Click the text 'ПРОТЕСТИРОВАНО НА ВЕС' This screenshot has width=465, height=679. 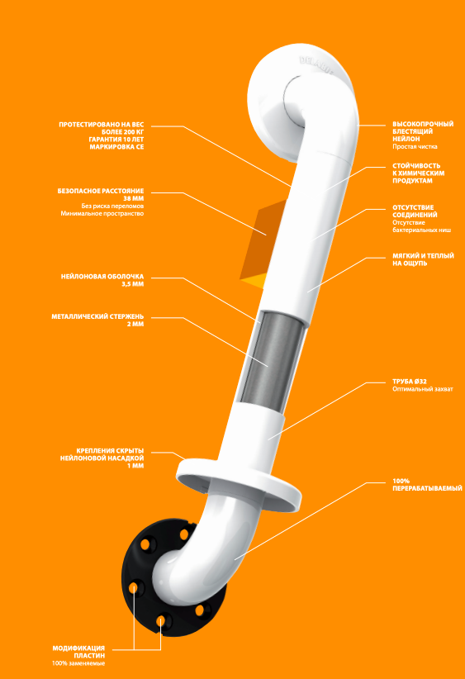(x=102, y=125)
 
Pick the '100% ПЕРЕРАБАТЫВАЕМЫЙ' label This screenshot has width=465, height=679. (x=427, y=485)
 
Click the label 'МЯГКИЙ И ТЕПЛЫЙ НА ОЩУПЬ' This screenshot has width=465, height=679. (x=424, y=259)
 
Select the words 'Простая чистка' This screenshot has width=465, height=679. (x=415, y=147)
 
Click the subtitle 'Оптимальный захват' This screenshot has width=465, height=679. (x=423, y=389)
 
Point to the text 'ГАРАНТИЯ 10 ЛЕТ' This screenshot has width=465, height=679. (x=116, y=140)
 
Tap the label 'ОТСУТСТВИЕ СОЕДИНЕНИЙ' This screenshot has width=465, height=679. (x=415, y=211)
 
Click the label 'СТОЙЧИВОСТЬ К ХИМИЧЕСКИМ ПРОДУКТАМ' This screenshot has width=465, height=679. (x=418, y=173)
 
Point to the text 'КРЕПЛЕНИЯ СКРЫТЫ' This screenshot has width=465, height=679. (x=110, y=451)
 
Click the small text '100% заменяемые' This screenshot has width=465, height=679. (x=78, y=663)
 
